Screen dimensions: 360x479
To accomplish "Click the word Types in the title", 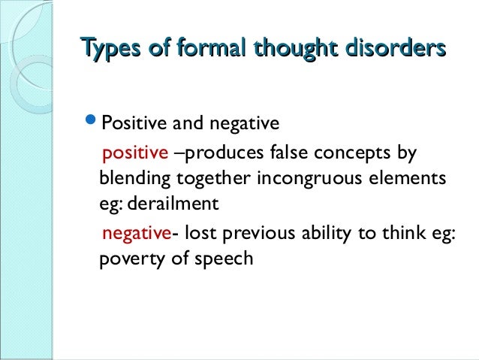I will click(108, 50).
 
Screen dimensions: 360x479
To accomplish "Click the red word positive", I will click(136, 154).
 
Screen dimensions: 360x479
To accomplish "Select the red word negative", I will click(137, 233).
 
